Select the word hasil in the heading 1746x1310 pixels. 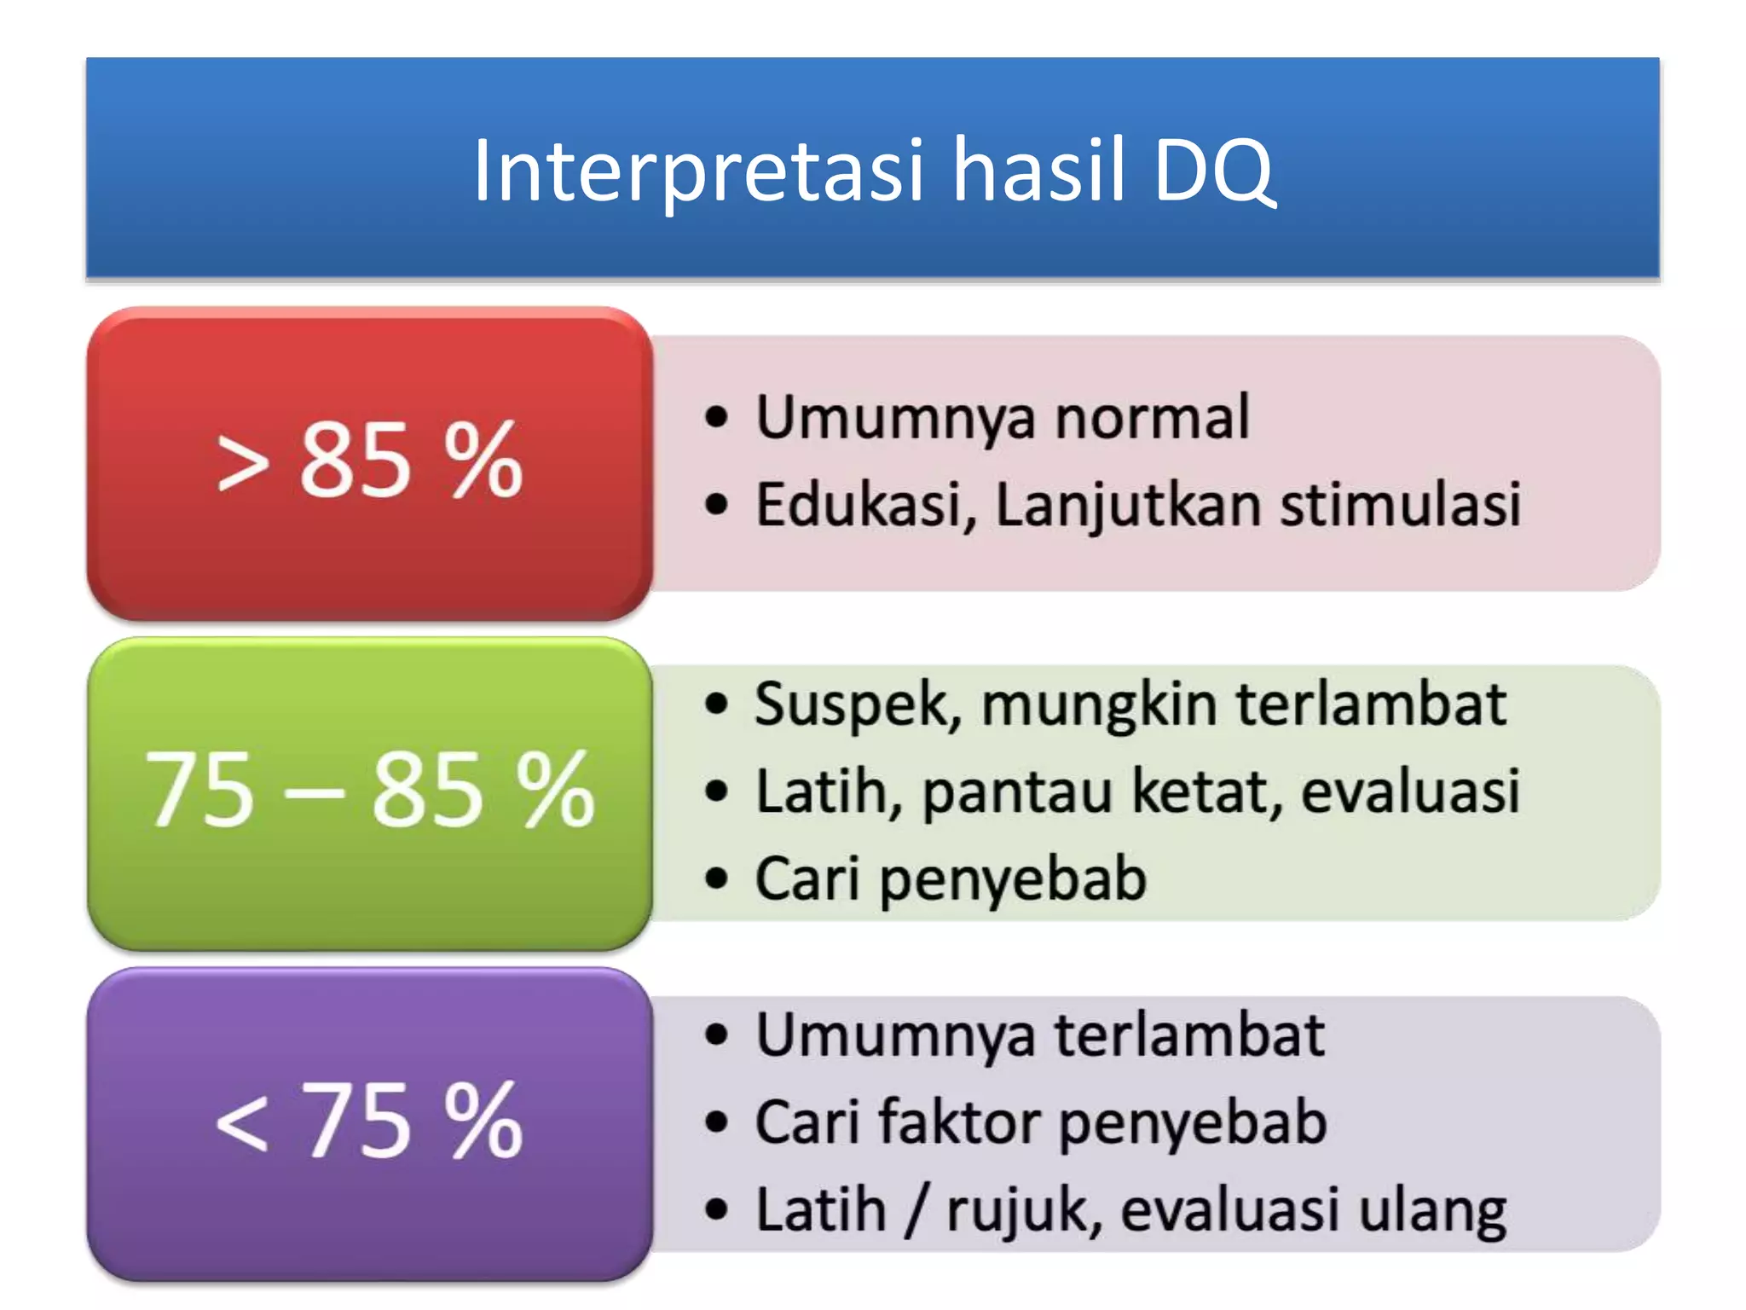[x=1038, y=171]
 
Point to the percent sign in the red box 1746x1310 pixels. [x=483, y=461]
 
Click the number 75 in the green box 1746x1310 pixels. [x=200, y=791]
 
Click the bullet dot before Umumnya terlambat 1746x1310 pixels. [x=717, y=1035]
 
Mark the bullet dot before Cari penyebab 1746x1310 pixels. [x=717, y=878]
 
